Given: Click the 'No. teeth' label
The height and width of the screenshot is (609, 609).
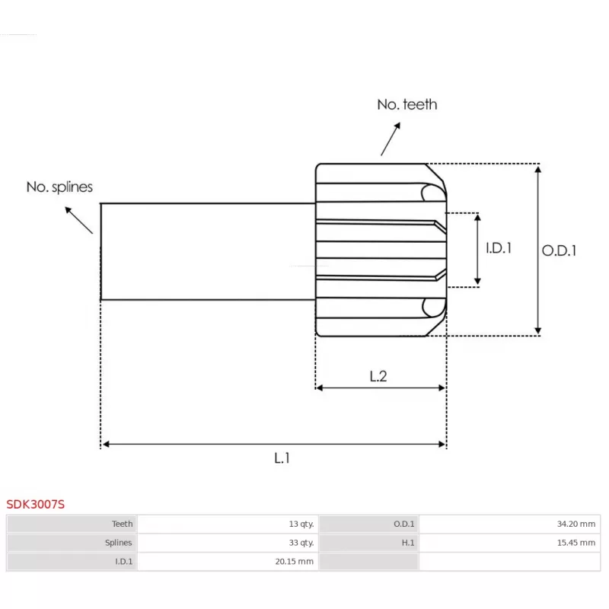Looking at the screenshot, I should pyautogui.click(x=407, y=104).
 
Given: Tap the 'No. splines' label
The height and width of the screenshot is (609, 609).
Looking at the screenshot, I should pyautogui.click(x=59, y=187).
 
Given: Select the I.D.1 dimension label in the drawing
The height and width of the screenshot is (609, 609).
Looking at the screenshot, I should pyautogui.click(x=499, y=248).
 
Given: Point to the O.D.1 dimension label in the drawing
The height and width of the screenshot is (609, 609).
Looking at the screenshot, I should pyautogui.click(x=559, y=250).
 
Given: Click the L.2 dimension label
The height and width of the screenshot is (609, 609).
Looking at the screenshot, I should pyautogui.click(x=378, y=375).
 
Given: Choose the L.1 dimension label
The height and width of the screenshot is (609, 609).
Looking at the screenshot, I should pyautogui.click(x=282, y=458).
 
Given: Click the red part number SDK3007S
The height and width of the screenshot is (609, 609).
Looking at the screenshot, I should pyautogui.click(x=36, y=504).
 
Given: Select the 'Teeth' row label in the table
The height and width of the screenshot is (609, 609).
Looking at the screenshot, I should pyautogui.click(x=122, y=524).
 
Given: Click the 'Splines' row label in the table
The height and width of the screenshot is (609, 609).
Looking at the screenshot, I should pyautogui.click(x=118, y=543).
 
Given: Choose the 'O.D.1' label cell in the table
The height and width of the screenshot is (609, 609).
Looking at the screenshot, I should pyautogui.click(x=403, y=524).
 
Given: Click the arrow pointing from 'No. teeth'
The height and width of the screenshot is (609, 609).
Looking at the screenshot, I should pyautogui.click(x=391, y=141).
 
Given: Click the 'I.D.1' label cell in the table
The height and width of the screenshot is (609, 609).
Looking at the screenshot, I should pyautogui.click(x=124, y=562).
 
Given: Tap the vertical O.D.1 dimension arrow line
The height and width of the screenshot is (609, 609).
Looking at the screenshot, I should pyautogui.click(x=538, y=249).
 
